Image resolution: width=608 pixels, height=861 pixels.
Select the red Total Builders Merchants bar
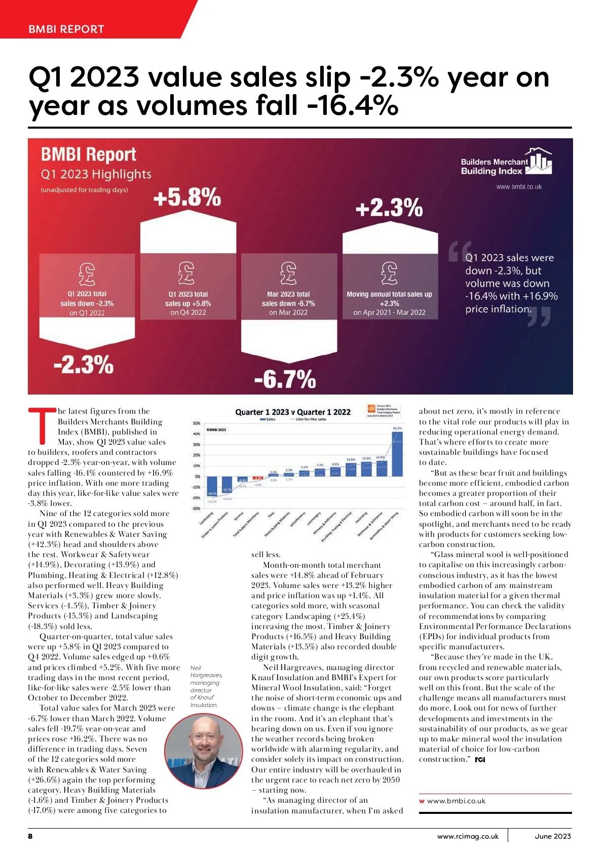[258, 478]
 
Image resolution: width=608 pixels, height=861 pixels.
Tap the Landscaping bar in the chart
[212, 486]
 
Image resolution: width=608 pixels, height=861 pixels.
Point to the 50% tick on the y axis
[197, 423]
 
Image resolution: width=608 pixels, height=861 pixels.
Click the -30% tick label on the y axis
[196, 508]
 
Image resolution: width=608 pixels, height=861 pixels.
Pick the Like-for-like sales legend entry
[311, 419]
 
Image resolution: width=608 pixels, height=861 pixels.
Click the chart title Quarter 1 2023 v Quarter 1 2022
[293, 412]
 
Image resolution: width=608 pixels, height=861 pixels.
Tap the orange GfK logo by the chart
[371, 409]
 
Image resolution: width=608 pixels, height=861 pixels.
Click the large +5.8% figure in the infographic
[187, 197]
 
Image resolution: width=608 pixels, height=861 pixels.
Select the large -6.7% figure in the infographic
[285, 379]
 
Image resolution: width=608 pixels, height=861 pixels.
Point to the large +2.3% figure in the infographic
[389, 208]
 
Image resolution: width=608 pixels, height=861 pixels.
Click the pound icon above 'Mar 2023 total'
[288, 273]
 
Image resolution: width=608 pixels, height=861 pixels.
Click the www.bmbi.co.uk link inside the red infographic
[519, 187]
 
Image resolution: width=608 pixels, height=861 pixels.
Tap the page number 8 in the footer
[30, 836]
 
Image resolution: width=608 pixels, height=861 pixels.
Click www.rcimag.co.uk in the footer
[468, 836]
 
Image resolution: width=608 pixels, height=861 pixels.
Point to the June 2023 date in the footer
[552, 836]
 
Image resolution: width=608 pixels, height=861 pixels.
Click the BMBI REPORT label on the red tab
[66, 29]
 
